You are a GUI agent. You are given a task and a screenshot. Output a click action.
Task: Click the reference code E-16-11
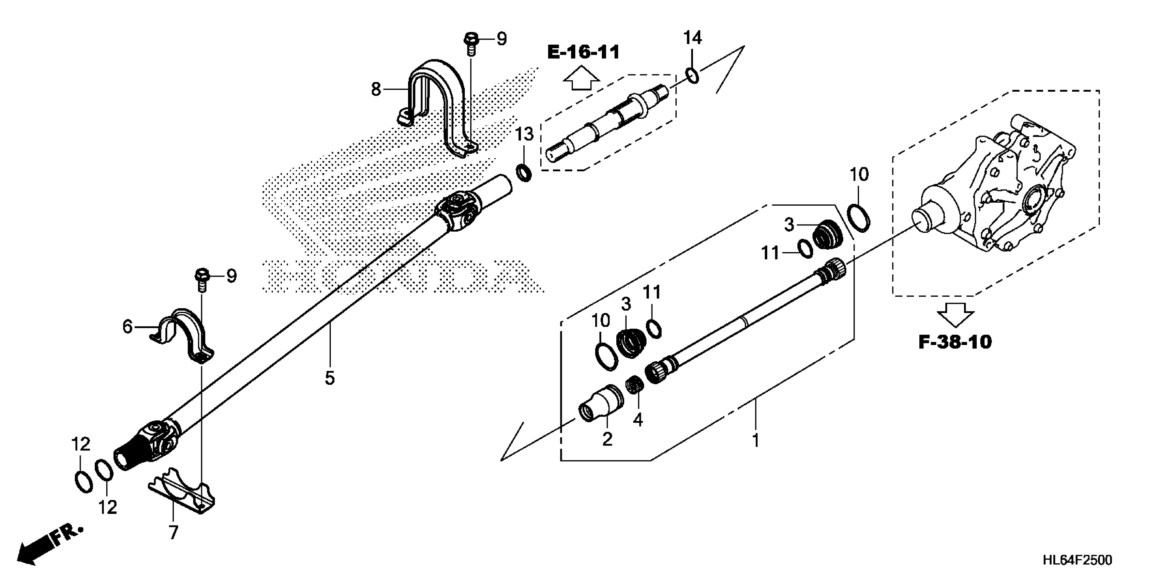click(583, 52)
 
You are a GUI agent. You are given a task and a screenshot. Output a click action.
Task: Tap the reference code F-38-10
click(955, 342)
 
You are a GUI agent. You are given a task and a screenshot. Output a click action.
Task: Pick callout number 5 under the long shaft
click(330, 378)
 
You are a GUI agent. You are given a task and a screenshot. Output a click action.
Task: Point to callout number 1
click(756, 440)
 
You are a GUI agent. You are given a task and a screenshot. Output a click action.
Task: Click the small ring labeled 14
click(692, 75)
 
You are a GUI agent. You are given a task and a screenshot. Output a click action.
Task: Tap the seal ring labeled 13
click(523, 172)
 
